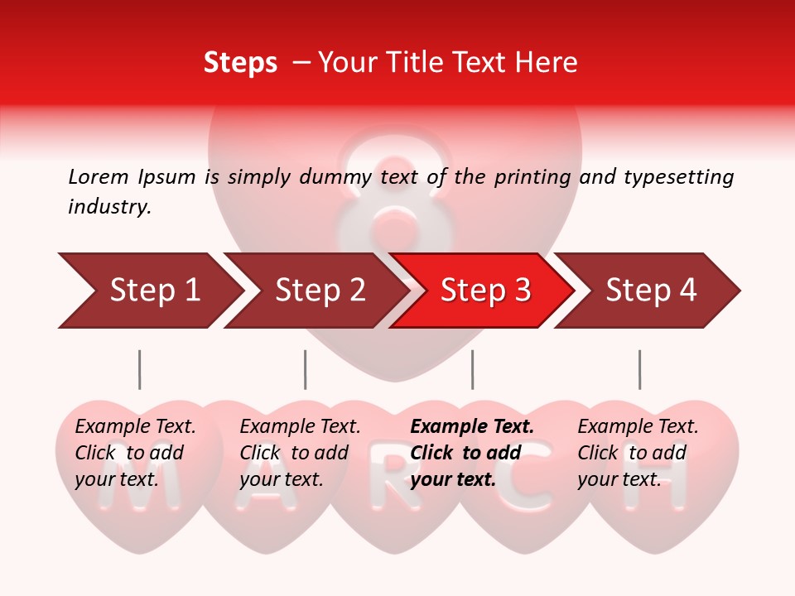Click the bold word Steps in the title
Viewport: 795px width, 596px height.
240,63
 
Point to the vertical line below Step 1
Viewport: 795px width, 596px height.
139,369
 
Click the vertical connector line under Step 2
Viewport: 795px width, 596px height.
305,369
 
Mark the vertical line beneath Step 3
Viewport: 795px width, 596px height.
472,369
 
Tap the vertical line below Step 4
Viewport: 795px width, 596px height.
639,369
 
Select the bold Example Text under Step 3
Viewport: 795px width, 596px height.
472,427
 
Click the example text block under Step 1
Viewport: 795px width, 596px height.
134,453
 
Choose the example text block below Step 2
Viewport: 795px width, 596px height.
299,453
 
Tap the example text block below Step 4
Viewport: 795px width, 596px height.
637,453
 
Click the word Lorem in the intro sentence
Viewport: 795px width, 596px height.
99,176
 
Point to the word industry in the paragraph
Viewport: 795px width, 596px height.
108,207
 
